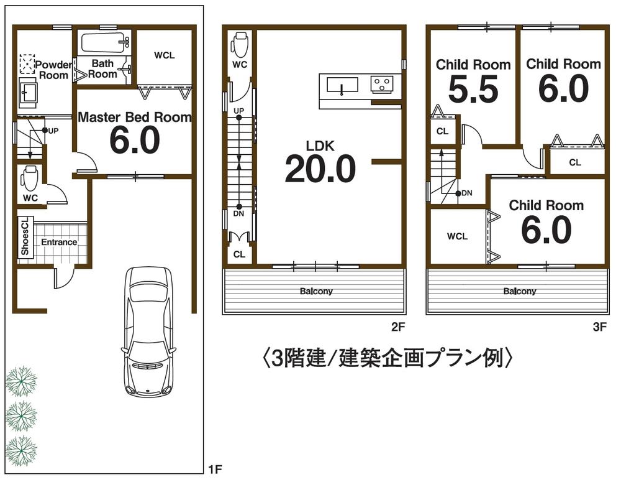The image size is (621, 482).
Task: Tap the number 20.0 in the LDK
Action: pyautogui.click(x=320, y=169)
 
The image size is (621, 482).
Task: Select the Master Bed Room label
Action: pyautogui.click(x=134, y=117)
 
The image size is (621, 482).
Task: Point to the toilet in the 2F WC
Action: pyautogui.click(x=240, y=44)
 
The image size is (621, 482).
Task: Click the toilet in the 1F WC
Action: pyautogui.click(x=29, y=178)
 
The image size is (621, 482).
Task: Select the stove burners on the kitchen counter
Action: pyautogui.click(x=383, y=83)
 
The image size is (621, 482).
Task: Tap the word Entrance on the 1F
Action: pyautogui.click(x=59, y=242)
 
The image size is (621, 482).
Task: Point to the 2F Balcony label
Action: pyautogui.click(x=316, y=291)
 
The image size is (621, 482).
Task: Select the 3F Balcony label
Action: pyautogui.click(x=520, y=291)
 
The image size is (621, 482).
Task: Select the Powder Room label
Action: pyautogui.click(x=53, y=70)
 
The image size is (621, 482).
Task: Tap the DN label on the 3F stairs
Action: pyautogui.click(x=466, y=193)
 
